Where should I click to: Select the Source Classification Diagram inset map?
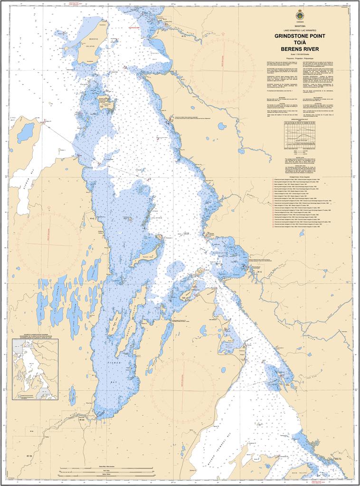pos(35,369)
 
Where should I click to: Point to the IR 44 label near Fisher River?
pos(82,420)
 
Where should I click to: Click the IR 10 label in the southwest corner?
pos(29,456)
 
